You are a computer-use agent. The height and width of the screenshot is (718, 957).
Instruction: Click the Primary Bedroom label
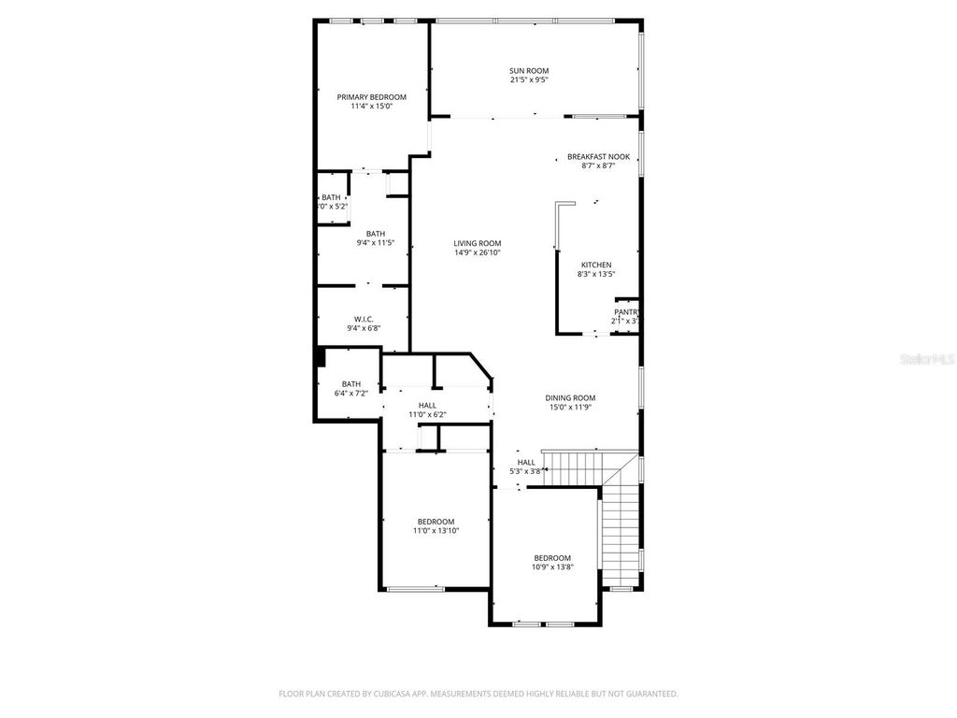371,97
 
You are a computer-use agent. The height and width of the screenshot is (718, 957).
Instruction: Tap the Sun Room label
528,71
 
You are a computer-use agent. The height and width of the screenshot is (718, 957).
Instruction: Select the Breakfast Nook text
598,157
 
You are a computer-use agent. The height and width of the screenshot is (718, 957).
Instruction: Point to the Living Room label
478,243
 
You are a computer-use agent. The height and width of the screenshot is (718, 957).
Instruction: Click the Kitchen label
596,265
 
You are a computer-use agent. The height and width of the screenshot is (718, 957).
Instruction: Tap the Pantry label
626,312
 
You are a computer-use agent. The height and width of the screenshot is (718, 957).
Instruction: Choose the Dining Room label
570,398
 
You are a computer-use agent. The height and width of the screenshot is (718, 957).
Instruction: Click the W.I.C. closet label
364,318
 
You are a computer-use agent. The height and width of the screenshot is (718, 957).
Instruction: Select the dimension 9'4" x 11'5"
375,243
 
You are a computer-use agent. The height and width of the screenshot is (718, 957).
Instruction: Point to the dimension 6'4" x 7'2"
350,393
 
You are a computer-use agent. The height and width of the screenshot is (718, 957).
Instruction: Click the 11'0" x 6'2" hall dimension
427,414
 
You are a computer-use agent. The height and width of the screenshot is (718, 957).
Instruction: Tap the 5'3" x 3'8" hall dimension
526,471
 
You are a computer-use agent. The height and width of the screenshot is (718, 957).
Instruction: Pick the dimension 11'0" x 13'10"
436,530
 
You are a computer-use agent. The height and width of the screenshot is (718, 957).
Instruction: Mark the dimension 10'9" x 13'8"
551,567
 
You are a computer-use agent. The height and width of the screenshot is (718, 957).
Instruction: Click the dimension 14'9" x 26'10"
478,252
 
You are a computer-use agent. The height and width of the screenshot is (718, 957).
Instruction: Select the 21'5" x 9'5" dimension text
528,80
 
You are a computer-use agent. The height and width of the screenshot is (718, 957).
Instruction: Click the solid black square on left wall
319,357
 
